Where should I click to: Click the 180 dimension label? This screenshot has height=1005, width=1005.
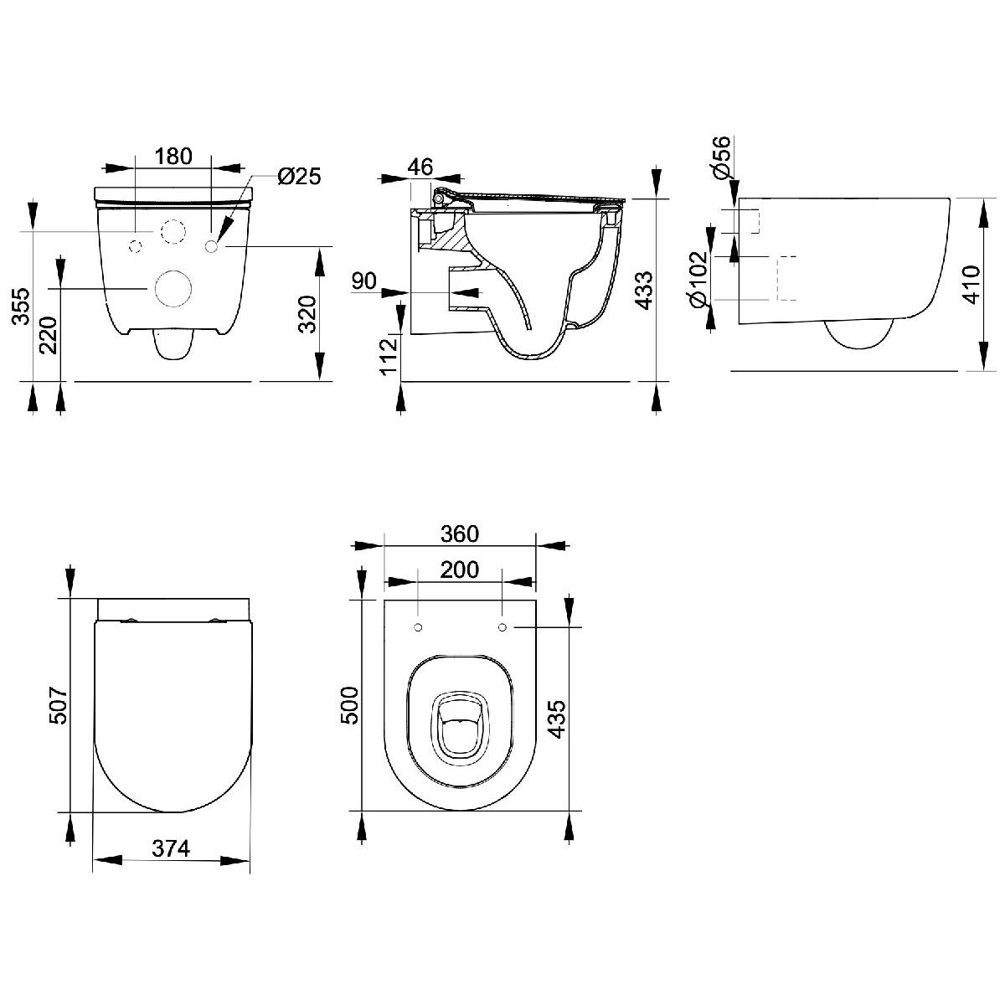[x=173, y=156]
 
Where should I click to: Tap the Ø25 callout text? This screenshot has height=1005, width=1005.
[x=299, y=176]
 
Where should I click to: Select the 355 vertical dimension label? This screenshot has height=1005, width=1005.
[x=22, y=307]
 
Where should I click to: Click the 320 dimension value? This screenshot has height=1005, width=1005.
[x=307, y=315]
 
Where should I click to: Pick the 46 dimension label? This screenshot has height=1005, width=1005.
[x=420, y=167]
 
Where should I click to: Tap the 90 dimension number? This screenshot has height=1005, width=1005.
[x=364, y=281]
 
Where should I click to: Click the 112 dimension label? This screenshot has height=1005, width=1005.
[x=389, y=357]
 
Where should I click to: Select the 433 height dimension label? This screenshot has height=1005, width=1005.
[x=645, y=291]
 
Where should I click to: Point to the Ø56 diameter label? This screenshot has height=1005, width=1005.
[x=722, y=157]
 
